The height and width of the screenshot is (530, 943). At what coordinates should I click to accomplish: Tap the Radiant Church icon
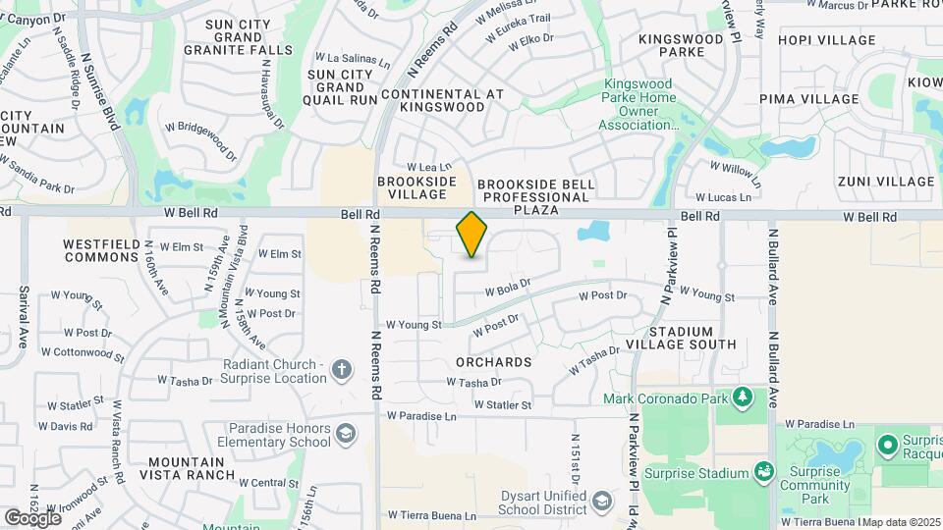341,370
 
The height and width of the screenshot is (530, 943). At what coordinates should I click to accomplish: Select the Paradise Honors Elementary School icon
346,433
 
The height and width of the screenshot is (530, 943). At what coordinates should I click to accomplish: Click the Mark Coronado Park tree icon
744,397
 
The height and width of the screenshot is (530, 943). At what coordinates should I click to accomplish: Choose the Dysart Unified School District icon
600,503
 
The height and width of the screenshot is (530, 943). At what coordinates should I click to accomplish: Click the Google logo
33,517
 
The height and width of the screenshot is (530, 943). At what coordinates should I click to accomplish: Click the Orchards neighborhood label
494,362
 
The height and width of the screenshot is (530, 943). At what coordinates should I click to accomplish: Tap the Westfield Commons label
101,250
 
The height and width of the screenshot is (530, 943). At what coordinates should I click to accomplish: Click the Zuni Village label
886,181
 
